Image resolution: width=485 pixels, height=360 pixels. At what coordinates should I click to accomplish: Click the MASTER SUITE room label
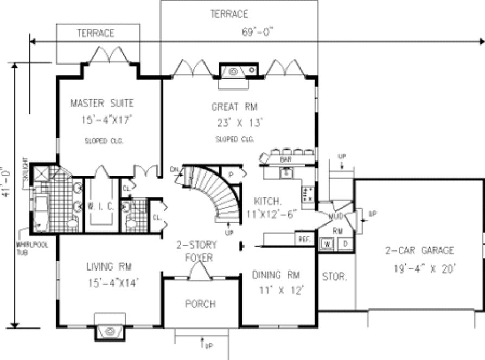coord(102,103)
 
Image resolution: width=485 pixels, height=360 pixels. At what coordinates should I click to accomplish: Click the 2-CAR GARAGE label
coord(419,250)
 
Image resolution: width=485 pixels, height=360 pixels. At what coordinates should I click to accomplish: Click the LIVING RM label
coord(110,266)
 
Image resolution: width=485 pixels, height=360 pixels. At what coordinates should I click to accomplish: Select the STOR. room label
coord(334,277)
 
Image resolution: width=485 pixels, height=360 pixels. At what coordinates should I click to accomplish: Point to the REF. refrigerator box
coord(303,239)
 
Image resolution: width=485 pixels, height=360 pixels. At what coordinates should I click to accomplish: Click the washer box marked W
coord(327,243)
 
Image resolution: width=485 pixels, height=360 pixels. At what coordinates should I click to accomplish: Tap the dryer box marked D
coord(345,243)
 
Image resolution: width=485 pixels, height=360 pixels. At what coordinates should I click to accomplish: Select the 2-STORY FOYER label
coord(194,252)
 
